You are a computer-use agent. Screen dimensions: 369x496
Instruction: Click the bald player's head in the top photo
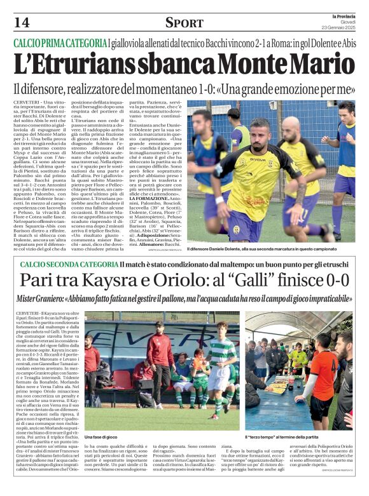point(290,127)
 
